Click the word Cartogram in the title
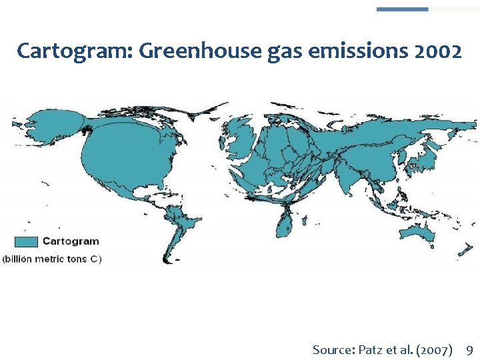pos(59,51)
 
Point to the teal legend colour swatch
pos(25,242)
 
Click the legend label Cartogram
pos(71,241)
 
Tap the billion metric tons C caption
pos(53,259)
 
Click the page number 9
pos(469,349)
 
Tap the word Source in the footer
pos(333,349)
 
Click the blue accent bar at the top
pos(402,9)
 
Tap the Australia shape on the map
pos(417,232)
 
